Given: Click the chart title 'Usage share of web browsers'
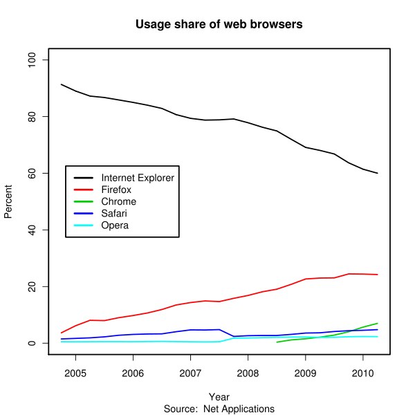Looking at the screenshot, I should coord(219,26).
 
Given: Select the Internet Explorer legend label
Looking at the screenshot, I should coord(137,178).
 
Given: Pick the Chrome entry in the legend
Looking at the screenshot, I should coord(118,201).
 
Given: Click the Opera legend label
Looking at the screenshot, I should coord(114,225).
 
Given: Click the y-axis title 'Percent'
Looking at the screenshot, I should coord(9,201).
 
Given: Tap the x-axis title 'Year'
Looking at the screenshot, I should coord(219,397).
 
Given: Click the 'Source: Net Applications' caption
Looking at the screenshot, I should coord(219,408).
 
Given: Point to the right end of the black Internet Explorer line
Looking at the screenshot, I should coord(378,173).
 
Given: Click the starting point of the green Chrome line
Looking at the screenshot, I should coord(277,342).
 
